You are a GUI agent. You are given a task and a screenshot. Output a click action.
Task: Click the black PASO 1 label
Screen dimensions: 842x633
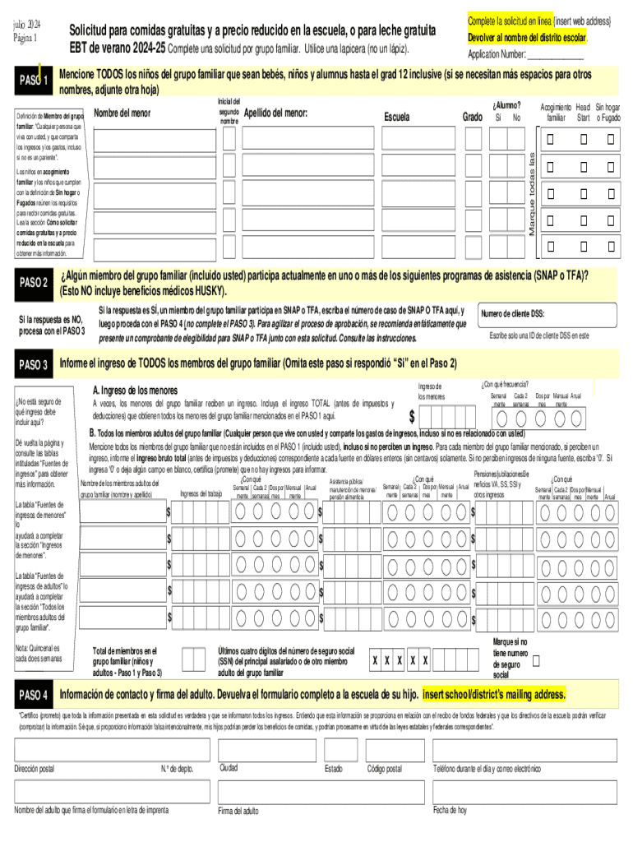[34, 80]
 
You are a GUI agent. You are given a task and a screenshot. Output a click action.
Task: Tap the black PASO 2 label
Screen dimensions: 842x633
[34, 284]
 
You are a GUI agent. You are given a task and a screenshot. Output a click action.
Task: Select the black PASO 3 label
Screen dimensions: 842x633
[34, 364]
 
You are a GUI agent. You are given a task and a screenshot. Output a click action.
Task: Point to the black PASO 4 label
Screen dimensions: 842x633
[34, 695]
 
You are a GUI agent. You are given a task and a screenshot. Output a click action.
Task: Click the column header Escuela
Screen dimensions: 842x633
[396, 117]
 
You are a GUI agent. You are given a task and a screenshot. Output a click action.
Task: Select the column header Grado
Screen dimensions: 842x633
[472, 117]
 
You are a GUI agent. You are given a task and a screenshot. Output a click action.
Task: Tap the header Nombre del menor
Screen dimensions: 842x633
[122, 113]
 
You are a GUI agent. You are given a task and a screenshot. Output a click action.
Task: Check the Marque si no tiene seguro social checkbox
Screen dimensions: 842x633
[537, 660]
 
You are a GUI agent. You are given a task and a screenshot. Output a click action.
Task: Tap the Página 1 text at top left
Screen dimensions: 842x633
[26, 38]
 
